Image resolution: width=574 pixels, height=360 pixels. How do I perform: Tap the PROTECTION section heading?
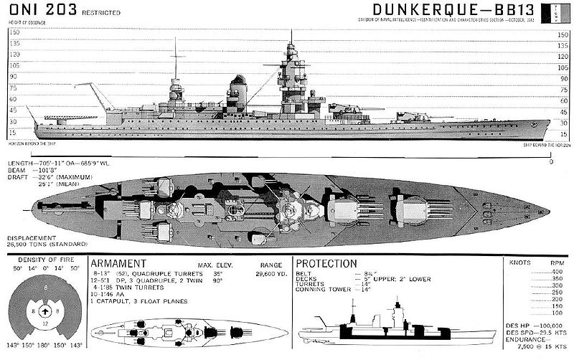tap(327, 263)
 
